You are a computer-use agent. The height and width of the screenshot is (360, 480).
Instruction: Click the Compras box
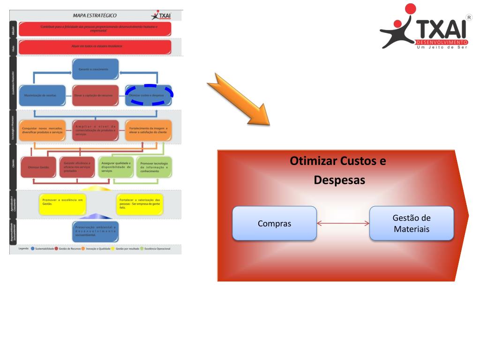coord(274,224)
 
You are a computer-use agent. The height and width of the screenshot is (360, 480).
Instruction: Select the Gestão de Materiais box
coord(412,224)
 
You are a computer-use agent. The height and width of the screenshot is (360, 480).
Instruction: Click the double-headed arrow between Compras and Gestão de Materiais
coord(343,224)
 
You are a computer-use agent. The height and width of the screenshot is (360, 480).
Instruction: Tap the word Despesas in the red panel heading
coord(339,180)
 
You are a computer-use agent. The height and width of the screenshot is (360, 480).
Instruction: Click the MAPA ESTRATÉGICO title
coord(95,15)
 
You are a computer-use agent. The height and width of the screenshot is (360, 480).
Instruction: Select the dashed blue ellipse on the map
coord(151,94)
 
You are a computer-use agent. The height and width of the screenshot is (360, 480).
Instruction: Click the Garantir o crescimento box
coord(95,69)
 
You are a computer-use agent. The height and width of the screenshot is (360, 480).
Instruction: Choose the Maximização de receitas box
coord(43,95)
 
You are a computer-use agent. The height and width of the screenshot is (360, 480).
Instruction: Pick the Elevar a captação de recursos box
coord(95,95)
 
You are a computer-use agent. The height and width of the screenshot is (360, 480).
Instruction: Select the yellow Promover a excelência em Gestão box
coord(62,202)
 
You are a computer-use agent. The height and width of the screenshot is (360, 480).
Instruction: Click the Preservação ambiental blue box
coord(95,231)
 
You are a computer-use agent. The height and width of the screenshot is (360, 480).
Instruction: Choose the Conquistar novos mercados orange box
coord(43,130)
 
